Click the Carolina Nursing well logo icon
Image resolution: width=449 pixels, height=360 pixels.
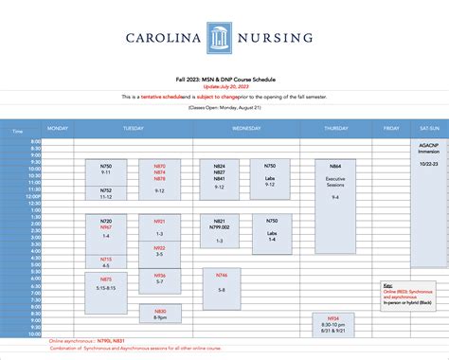tap(220, 39)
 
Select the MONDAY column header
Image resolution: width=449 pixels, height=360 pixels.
tap(58, 127)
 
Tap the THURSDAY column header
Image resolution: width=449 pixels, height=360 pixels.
tap(336, 127)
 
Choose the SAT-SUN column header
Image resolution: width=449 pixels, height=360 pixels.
tap(427, 127)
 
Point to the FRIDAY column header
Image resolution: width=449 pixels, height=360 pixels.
tap(391, 127)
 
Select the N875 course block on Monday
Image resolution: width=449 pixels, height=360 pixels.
tap(106, 283)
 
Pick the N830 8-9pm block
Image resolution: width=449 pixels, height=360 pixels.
tap(159, 315)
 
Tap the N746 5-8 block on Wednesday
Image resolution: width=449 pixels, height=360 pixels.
tap(222, 281)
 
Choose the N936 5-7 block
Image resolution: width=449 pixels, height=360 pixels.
tap(159, 279)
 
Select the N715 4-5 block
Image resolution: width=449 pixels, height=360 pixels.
tap(106, 261)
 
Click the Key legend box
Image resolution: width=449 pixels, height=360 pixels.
tap(411, 293)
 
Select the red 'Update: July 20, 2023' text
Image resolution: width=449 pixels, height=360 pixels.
tap(224, 85)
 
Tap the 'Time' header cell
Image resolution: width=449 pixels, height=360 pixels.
tap(16, 132)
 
